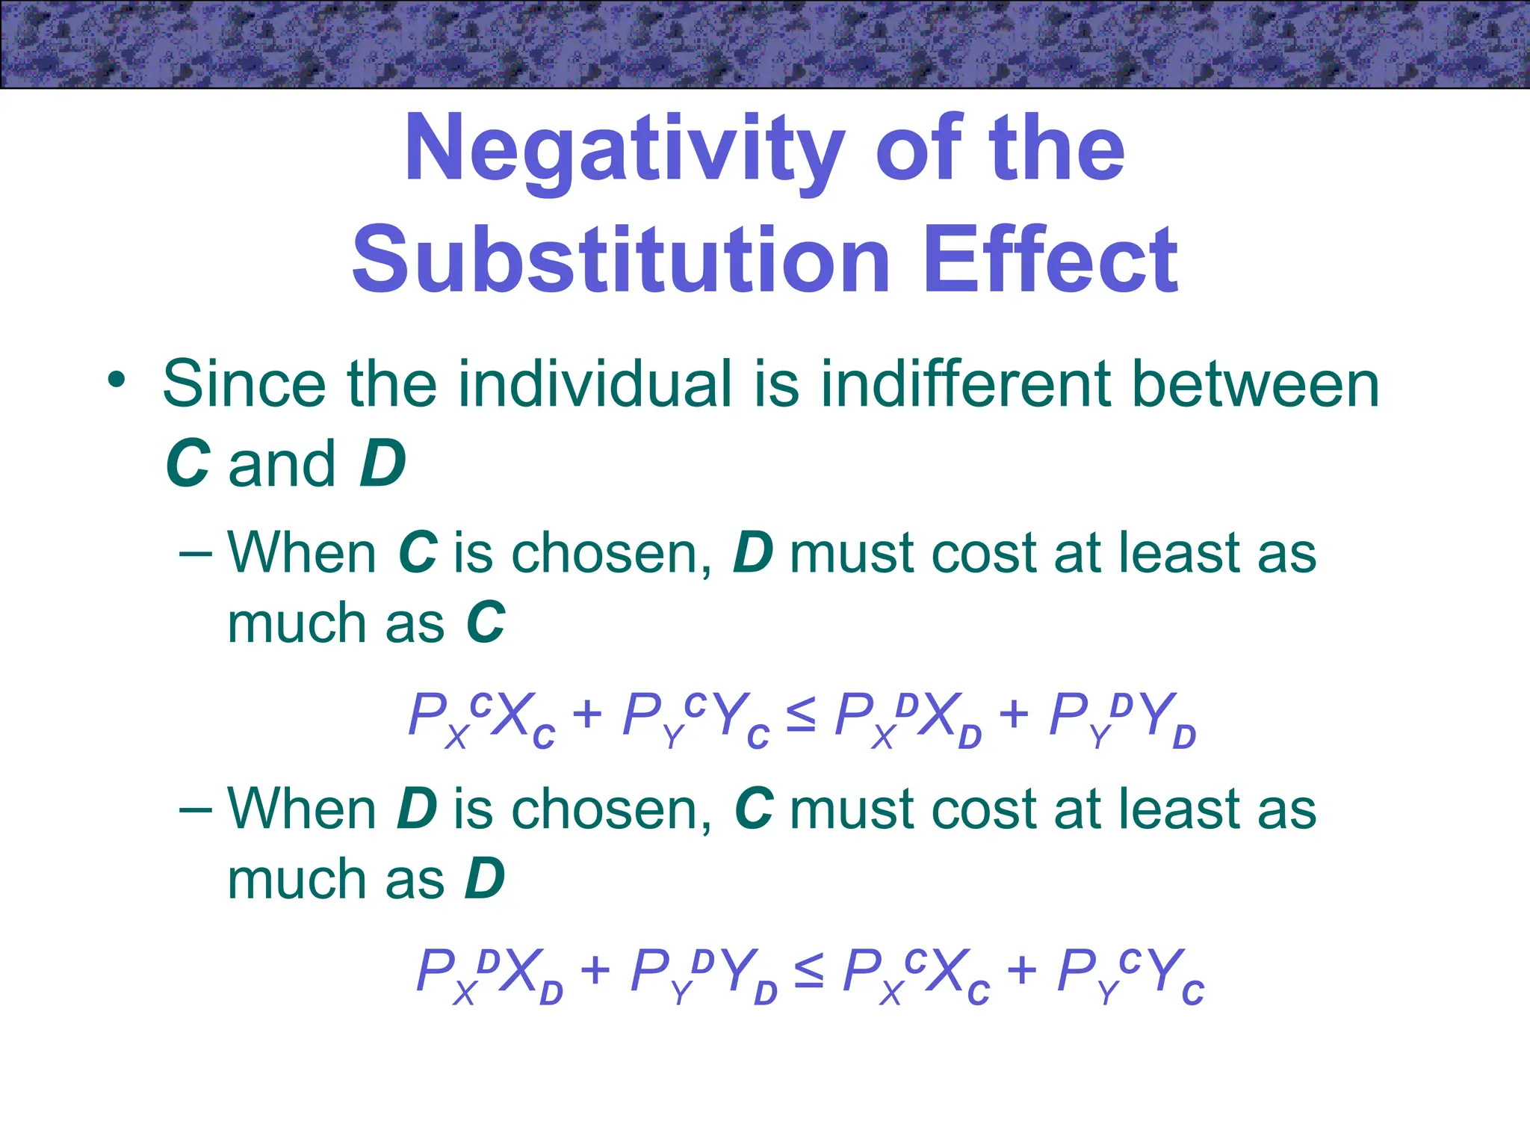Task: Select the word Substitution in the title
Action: click(x=621, y=261)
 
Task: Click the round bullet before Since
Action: click(x=116, y=380)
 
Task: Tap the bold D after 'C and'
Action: click(x=382, y=464)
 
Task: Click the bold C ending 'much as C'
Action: click(x=486, y=623)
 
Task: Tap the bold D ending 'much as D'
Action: click(x=486, y=879)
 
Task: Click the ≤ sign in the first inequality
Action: click(x=802, y=715)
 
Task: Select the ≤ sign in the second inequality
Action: click(x=809, y=971)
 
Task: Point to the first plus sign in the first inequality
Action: click(x=587, y=715)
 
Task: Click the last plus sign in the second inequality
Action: click(x=1022, y=971)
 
